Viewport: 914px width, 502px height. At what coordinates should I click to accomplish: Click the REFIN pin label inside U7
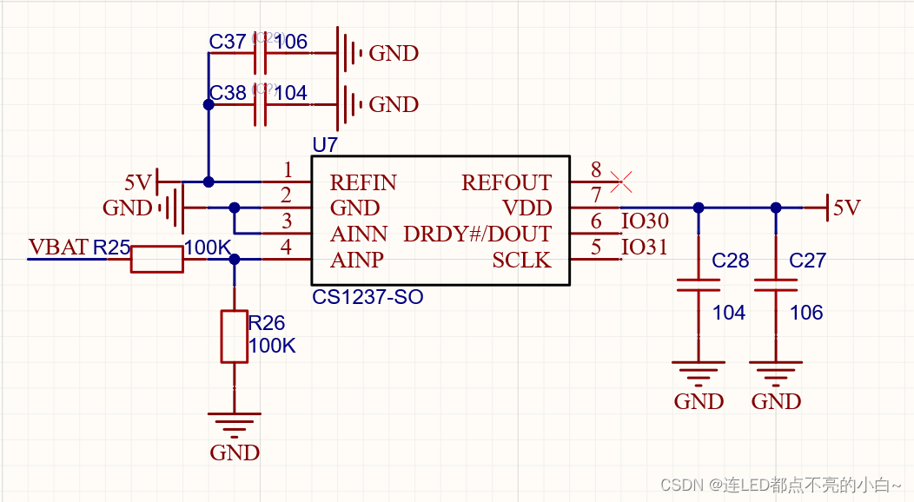[363, 183]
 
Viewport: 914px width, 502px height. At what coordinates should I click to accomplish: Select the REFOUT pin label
[506, 183]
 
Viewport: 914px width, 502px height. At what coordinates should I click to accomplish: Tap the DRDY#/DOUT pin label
[477, 234]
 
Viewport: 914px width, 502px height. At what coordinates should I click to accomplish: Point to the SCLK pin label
[521, 260]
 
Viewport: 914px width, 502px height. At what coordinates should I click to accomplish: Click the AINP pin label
[357, 260]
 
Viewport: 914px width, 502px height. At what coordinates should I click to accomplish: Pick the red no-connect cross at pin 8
[621, 182]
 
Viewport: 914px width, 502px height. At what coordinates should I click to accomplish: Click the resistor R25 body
[157, 259]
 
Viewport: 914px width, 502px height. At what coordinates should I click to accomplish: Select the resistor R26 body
[234, 336]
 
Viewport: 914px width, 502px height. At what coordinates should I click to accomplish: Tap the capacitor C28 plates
[699, 286]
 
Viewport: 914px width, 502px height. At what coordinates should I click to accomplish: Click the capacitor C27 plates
[776, 286]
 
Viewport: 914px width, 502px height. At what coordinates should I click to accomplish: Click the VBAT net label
[58, 248]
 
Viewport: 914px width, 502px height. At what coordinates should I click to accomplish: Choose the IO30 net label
[645, 222]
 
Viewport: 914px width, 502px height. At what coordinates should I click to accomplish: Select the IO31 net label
[645, 248]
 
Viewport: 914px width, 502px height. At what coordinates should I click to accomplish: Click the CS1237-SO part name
[368, 297]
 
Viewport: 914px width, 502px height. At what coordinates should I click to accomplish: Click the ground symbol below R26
[235, 426]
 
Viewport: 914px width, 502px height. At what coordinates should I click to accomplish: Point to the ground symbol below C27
[776, 374]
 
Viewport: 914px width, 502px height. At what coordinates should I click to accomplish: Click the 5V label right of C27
[846, 208]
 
